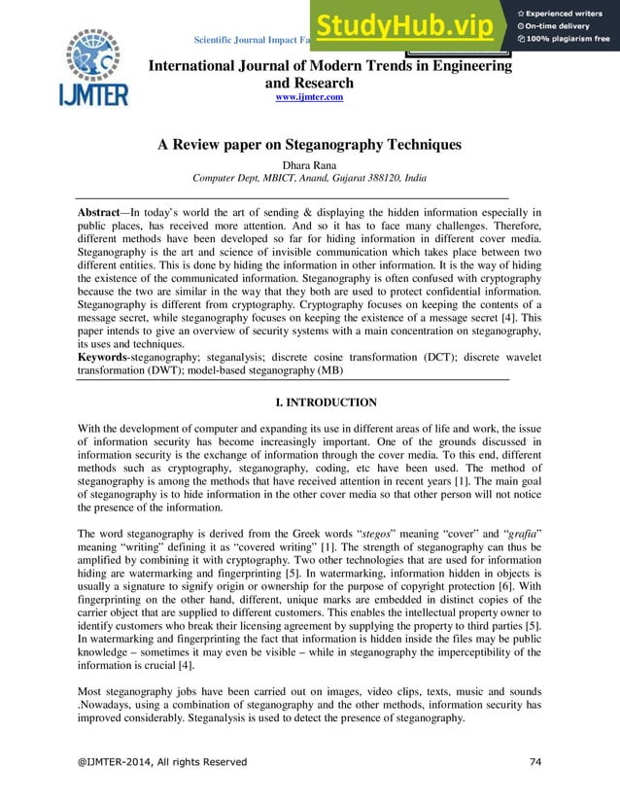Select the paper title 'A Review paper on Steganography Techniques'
pyautogui.click(x=309, y=146)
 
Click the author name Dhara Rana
pyautogui.click(x=309, y=164)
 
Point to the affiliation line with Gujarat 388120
pyautogui.click(x=309, y=179)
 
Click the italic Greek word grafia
pyautogui.click(x=520, y=533)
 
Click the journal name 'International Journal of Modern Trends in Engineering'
pyautogui.click(x=329, y=66)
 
